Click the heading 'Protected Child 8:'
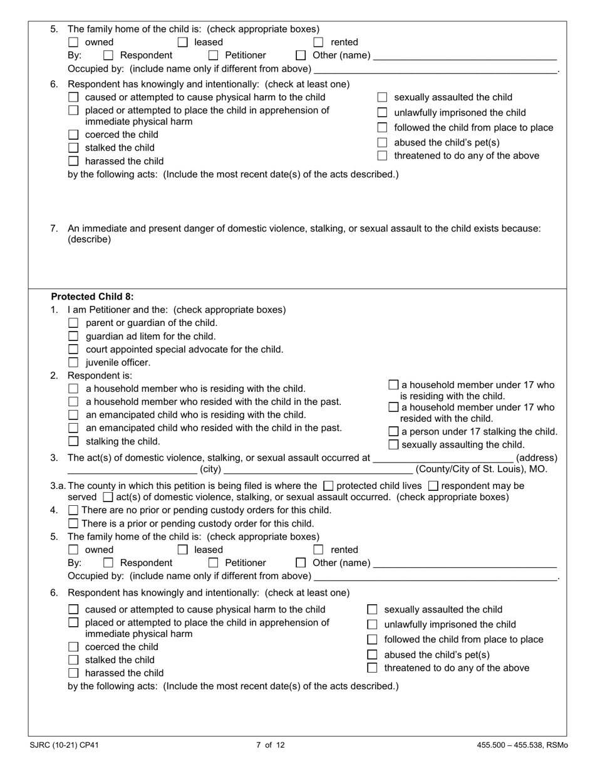pos(92,296)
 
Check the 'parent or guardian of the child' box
pos(73,323)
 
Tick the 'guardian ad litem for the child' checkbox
pos(73,336)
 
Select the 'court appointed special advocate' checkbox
pos(73,349)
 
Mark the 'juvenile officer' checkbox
pos(73,362)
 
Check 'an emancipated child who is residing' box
pos(73,415)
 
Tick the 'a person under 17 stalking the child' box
pos(393,431)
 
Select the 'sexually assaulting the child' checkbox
pos(393,444)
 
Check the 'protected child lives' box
pos(328,486)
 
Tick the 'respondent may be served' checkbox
pos(433,486)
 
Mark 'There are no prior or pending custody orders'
pos(73,510)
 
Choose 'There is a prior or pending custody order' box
pos(73,523)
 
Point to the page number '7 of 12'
pos(271,745)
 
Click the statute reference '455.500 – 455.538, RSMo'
pos(522,745)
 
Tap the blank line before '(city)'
pos(132,469)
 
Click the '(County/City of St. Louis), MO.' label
pos(481,469)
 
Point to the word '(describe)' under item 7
pos(89,239)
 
